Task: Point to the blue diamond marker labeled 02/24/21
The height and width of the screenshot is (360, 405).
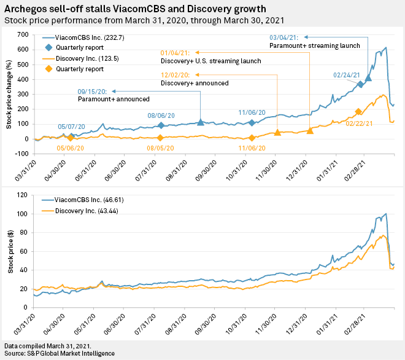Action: coord(361,84)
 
